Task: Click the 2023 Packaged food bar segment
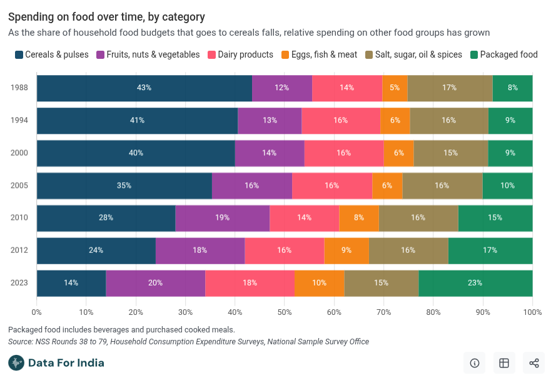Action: pyautogui.click(x=475, y=283)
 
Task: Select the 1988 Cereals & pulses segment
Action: pyautogui.click(x=144, y=88)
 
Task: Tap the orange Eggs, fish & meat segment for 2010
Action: pyautogui.click(x=358, y=218)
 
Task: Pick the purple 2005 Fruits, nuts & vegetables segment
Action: pyautogui.click(x=252, y=185)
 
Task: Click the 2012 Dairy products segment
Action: pyautogui.click(x=284, y=250)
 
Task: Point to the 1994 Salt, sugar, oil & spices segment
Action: pyautogui.click(x=449, y=120)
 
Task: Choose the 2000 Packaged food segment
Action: pyautogui.click(x=510, y=153)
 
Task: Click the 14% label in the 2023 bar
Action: pyautogui.click(x=71, y=283)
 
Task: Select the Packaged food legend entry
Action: pyautogui.click(x=503, y=54)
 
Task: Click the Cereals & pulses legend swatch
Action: pyautogui.click(x=19, y=54)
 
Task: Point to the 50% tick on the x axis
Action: pyautogui.click(x=285, y=312)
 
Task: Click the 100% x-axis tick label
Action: pyautogui.click(x=532, y=312)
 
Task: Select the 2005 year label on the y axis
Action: pyautogui.click(x=19, y=185)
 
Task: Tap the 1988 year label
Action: pyautogui.click(x=19, y=88)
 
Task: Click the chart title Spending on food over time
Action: pyautogui.click(x=106, y=17)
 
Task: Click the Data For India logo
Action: pyautogui.click(x=56, y=362)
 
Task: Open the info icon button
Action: pyautogui.click(x=474, y=363)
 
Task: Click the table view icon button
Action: pyautogui.click(x=504, y=363)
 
